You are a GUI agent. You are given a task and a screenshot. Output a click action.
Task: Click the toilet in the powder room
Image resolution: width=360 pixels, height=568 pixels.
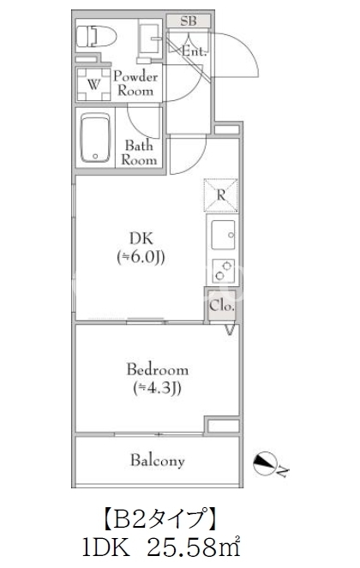click(x=96, y=36)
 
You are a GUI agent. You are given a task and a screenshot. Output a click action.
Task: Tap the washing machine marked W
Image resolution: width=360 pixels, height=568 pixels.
click(x=94, y=85)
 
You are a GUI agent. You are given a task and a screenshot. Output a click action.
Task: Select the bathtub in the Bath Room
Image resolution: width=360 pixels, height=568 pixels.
click(x=95, y=138)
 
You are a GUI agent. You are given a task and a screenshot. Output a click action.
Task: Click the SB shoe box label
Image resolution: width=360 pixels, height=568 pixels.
click(x=189, y=21)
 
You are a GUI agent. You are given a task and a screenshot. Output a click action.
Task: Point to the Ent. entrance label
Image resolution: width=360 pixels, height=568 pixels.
click(x=194, y=51)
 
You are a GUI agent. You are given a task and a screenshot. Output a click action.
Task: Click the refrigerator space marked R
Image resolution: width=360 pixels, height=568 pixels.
click(x=221, y=194)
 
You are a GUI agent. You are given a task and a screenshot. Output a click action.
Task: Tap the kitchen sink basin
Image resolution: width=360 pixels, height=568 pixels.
click(x=223, y=235)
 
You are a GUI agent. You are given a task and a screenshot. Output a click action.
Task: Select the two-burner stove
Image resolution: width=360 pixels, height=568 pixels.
click(x=223, y=271)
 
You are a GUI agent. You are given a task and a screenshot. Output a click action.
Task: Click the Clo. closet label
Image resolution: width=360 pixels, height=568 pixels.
click(x=221, y=305)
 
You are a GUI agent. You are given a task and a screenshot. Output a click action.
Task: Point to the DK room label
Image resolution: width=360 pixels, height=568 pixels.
click(x=141, y=238)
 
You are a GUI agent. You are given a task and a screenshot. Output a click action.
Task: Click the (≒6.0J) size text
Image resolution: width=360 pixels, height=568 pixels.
click(x=141, y=257)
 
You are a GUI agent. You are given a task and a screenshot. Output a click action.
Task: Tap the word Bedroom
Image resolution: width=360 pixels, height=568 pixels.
click(x=158, y=369)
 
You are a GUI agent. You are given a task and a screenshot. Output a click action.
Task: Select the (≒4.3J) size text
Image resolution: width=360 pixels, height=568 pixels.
click(x=158, y=388)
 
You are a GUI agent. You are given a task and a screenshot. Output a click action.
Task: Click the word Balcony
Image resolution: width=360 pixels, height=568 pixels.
click(x=158, y=460)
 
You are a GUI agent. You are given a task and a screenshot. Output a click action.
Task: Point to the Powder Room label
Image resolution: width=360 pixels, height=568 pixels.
click(x=135, y=83)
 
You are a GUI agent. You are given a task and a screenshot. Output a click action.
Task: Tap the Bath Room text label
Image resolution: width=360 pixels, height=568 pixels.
click(x=139, y=152)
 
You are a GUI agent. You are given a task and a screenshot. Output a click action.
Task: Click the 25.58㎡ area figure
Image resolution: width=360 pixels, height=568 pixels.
click(x=194, y=548)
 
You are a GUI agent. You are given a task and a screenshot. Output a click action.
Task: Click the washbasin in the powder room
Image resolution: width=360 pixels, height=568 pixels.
click(x=149, y=39)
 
